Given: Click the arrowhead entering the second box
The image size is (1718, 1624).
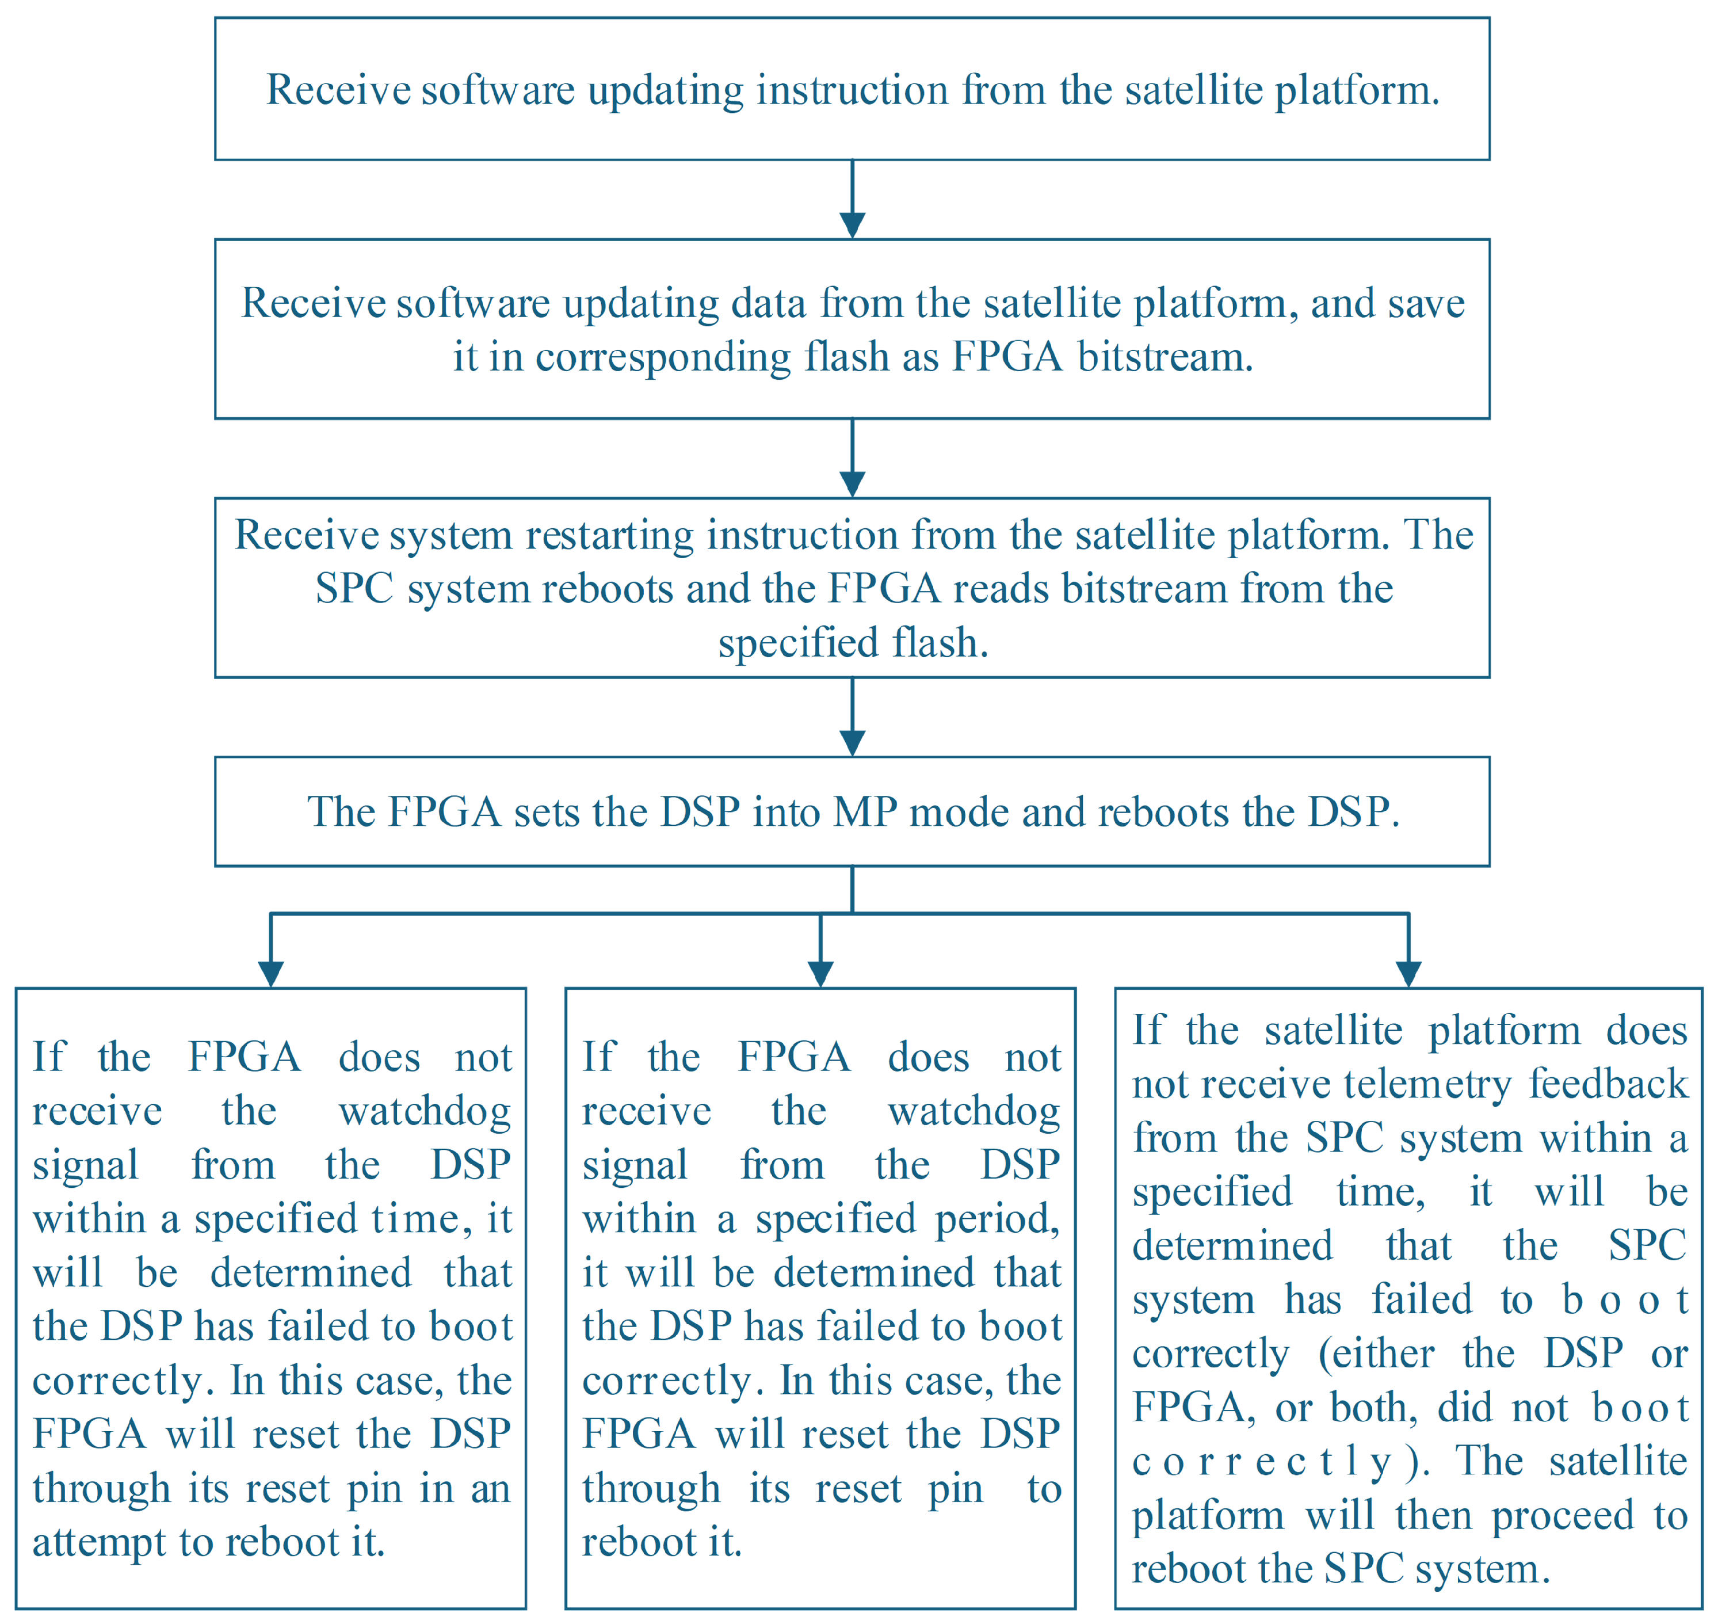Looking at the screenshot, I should (x=853, y=225).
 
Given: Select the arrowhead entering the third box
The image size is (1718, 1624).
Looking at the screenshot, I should (x=853, y=484).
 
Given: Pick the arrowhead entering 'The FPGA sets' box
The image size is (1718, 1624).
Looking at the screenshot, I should (x=853, y=743).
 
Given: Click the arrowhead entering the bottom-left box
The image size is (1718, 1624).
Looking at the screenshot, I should (x=271, y=974).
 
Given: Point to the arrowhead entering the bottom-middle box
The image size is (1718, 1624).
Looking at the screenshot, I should (x=820, y=974).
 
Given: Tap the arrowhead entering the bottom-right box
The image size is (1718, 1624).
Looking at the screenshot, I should (x=1409, y=974).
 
